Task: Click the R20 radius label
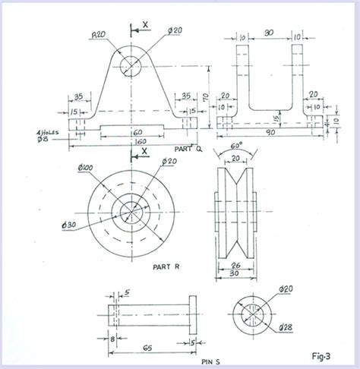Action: tap(97, 34)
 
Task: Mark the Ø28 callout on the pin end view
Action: tap(286, 327)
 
